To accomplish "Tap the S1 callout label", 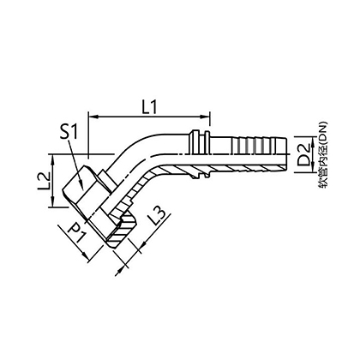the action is pyautogui.click(x=69, y=132).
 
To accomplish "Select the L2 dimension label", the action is pyautogui.click(x=45, y=182).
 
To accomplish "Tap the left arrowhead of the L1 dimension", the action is pyautogui.click(x=93, y=117).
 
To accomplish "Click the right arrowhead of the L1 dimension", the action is pyautogui.click(x=207, y=117).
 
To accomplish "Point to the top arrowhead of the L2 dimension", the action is pyautogui.click(x=52, y=159).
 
